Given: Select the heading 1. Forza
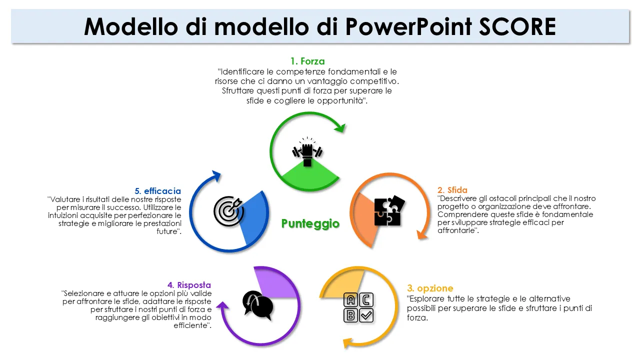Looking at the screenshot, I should point(307,61).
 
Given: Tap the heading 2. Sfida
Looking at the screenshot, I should point(452,190).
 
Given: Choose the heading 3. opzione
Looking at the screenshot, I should point(430,288).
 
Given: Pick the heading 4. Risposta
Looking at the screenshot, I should point(189,285).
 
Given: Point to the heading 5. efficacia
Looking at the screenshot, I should point(157,191).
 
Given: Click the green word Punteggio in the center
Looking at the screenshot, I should point(310,223).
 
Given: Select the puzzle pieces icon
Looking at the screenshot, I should point(389,210).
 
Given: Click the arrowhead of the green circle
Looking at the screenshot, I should point(340,128).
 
